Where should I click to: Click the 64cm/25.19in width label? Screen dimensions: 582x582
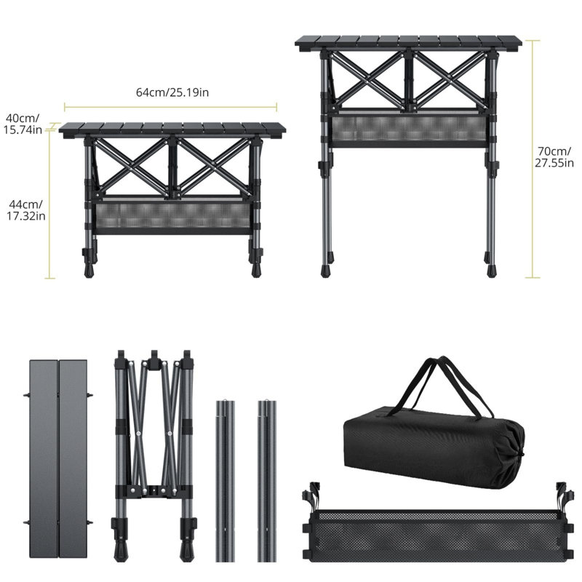[x=172, y=92]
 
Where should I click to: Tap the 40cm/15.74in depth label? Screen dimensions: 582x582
[x=23, y=124]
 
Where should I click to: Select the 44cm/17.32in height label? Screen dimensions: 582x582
[x=26, y=210]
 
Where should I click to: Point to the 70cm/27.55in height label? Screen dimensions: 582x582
[x=554, y=157]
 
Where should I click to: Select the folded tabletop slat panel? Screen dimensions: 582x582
[x=59, y=458]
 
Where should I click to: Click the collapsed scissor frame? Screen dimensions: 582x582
[x=154, y=455]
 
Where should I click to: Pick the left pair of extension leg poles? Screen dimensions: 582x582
[x=225, y=480]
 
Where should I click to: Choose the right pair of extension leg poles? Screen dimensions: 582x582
[x=267, y=480]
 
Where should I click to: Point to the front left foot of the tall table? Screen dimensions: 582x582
[x=325, y=270]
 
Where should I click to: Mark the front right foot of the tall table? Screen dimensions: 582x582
[x=492, y=270]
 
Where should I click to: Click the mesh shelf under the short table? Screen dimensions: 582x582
[x=172, y=215]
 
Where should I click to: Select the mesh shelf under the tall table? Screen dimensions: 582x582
[x=409, y=129]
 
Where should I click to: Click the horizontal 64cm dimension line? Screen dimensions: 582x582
[x=170, y=107]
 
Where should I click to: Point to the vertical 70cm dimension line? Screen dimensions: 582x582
[x=533, y=159]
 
